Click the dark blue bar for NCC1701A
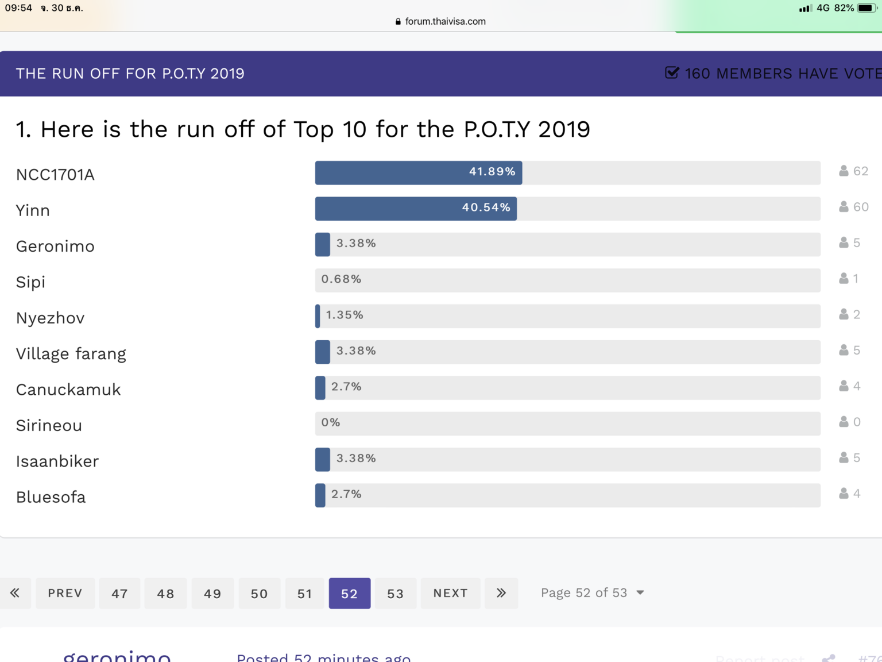point(418,172)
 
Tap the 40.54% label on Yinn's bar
point(486,207)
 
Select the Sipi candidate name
point(30,282)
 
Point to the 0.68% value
point(341,279)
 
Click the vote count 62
point(860,171)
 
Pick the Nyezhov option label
point(51,318)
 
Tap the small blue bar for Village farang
point(323,352)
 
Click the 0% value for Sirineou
point(331,422)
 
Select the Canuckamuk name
point(68,390)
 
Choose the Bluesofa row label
point(51,497)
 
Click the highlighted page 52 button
point(349,594)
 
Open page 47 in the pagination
point(119,594)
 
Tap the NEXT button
point(450,594)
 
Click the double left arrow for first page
point(15,593)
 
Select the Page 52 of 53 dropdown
point(592,593)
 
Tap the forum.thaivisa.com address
point(445,21)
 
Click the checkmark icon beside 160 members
point(672,73)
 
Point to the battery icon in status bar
point(866,8)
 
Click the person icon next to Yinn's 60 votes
point(844,207)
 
